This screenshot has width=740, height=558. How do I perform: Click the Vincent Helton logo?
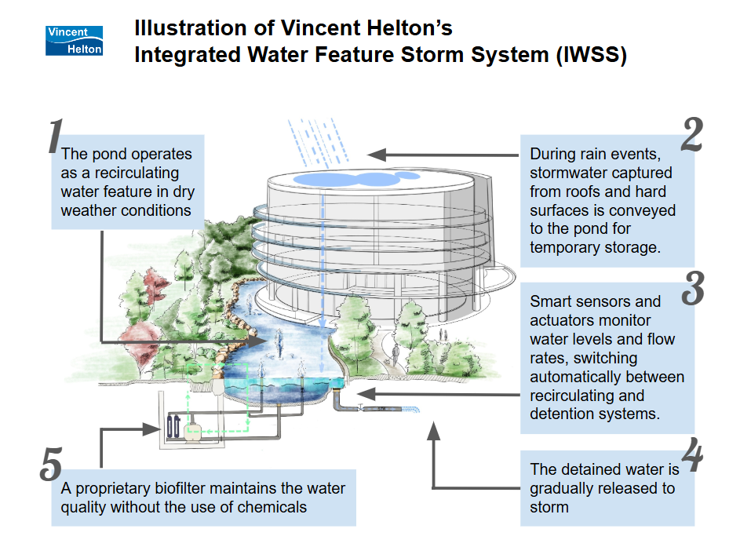(x=75, y=40)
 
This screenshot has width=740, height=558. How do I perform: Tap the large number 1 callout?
(x=54, y=137)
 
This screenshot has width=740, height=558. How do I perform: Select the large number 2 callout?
(x=691, y=136)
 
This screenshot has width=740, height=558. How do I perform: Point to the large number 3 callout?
(x=692, y=288)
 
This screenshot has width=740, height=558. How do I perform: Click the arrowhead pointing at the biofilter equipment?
(x=155, y=429)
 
